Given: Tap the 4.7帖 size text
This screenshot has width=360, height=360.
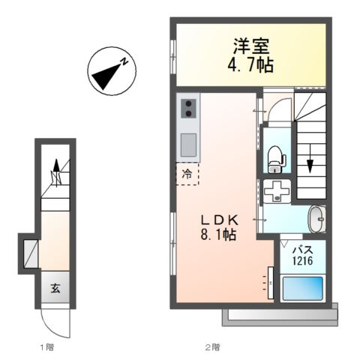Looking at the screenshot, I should click(x=250, y=64).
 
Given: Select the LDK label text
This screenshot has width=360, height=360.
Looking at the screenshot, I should click(x=218, y=219).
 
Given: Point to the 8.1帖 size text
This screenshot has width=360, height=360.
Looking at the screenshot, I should click(x=218, y=235).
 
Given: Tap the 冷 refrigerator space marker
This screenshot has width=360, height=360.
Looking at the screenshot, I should click(x=187, y=172).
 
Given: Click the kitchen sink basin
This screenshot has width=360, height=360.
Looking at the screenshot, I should click(x=188, y=142).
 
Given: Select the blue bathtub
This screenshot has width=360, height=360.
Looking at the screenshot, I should click(x=301, y=289).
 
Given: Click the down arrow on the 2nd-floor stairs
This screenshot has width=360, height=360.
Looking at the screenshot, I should click(x=309, y=161).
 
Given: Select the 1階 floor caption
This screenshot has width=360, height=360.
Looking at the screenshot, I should click(x=46, y=347).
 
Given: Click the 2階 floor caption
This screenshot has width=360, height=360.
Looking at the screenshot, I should click(x=212, y=347).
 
